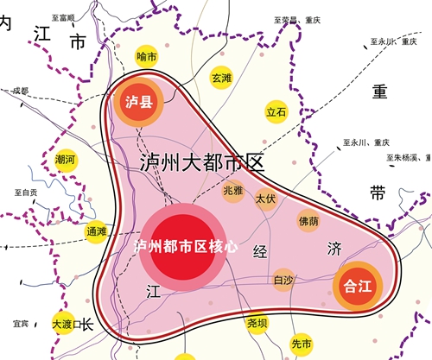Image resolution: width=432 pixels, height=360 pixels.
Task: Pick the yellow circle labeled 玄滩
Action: pyautogui.click(x=221, y=78)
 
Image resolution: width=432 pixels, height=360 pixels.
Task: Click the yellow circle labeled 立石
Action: pyautogui.click(x=276, y=112)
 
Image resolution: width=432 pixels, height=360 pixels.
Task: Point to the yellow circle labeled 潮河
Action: pyautogui.click(x=65, y=160)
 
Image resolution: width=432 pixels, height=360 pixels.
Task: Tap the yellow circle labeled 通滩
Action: pyautogui.click(x=96, y=231)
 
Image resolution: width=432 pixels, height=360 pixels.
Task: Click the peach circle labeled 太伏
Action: pyautogui.click(x=265, y=199)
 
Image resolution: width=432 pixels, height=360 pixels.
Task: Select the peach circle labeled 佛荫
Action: pyautogui.click(x=308, y=221)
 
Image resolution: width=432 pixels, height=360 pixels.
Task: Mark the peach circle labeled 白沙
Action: pyautogui.click(x=283, y=280)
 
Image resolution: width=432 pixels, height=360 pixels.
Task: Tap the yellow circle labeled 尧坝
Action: pyautogui.click(x=257, y=323)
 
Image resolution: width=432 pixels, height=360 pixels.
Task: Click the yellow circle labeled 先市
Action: pyautogui.click(x=301, y=343)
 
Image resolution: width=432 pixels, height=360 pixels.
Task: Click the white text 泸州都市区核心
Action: pyautogui.click(x=187, y=246)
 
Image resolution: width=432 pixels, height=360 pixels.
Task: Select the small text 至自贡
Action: pyautogui.click(x=25, y=193)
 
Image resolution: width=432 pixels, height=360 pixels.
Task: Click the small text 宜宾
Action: pyautogui.click(x=21, y=325)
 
